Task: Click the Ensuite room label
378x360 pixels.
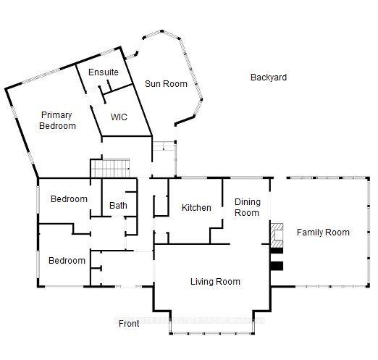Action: [104, 73]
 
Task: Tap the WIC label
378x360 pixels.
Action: [118, 117]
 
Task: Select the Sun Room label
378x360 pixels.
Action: [166, 84]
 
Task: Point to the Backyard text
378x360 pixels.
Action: [269, 78]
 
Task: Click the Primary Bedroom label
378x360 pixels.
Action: [58, 120]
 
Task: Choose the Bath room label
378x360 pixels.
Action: [118, 206]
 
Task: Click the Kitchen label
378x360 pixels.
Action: [196, 208]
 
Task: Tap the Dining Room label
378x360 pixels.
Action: [247, 208]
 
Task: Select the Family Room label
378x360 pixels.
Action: [323, 233]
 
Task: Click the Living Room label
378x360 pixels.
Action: [215, 282]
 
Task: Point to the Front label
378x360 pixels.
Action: [128, 324]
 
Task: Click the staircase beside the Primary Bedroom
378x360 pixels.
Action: [111, 169]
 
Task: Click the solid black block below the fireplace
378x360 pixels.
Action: [276, 266]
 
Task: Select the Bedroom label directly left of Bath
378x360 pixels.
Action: [69, 199]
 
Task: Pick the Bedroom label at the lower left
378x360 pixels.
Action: [67, 261]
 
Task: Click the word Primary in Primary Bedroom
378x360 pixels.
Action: [56, 115]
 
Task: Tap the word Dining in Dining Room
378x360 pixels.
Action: [247, 203]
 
